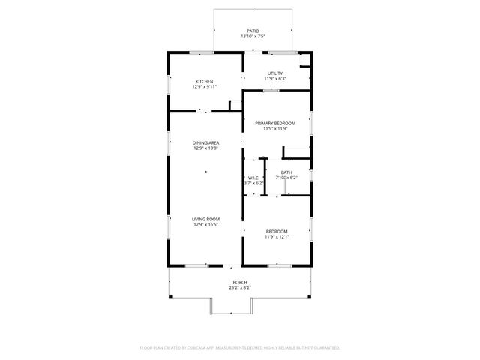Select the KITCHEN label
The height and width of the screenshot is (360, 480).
pyautogui.click(x=205, y=81)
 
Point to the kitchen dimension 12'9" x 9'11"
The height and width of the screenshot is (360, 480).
pyautogui.click(x=205, y=87)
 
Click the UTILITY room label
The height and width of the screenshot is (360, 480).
pyautogui.click(x=275, y=73)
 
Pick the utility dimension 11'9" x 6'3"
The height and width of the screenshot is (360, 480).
pyautogui.click(x=275, y=79)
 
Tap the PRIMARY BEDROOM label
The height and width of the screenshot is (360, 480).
pyautogui.click(x=275, y=123)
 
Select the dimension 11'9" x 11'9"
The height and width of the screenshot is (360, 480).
pyautogui.click(x=275, y=129)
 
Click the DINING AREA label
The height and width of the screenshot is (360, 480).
pyautogui.click(x=206, y=142)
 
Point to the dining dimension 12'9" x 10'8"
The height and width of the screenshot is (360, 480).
pyautogui.click(x=206, y=148)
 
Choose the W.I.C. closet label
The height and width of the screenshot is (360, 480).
pyautogui.click(x=253, y=178)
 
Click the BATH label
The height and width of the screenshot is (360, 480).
pyautogui.click(x=286, y=172)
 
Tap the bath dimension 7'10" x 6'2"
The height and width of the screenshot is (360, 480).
pyautogui.click(x=286, y=178)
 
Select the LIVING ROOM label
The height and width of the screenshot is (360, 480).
pyautogui.click(x=206, y=219)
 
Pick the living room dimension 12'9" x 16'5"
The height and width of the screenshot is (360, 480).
pyautogui.click(x=206, y=225)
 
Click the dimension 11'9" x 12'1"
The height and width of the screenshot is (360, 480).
pyautogui.click(x=277, y=237)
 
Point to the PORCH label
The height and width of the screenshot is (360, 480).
pyautogui.click(x=240, y=282)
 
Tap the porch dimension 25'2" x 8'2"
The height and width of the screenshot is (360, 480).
pyautogui.click(x=240, y=288)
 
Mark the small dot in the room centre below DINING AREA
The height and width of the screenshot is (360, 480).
pyautogui.click(x=206, y=173)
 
